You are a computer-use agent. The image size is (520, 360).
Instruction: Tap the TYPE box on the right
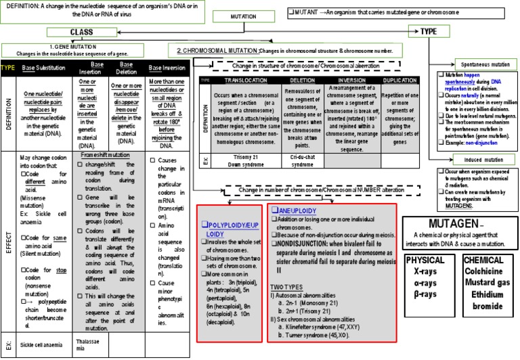coord(429,31)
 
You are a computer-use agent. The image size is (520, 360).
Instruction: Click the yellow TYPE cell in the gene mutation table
coord(8,68)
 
